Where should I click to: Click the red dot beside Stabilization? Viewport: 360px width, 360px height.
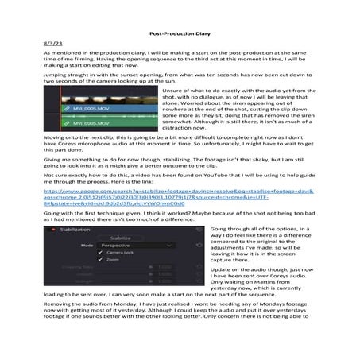[53, 229]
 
